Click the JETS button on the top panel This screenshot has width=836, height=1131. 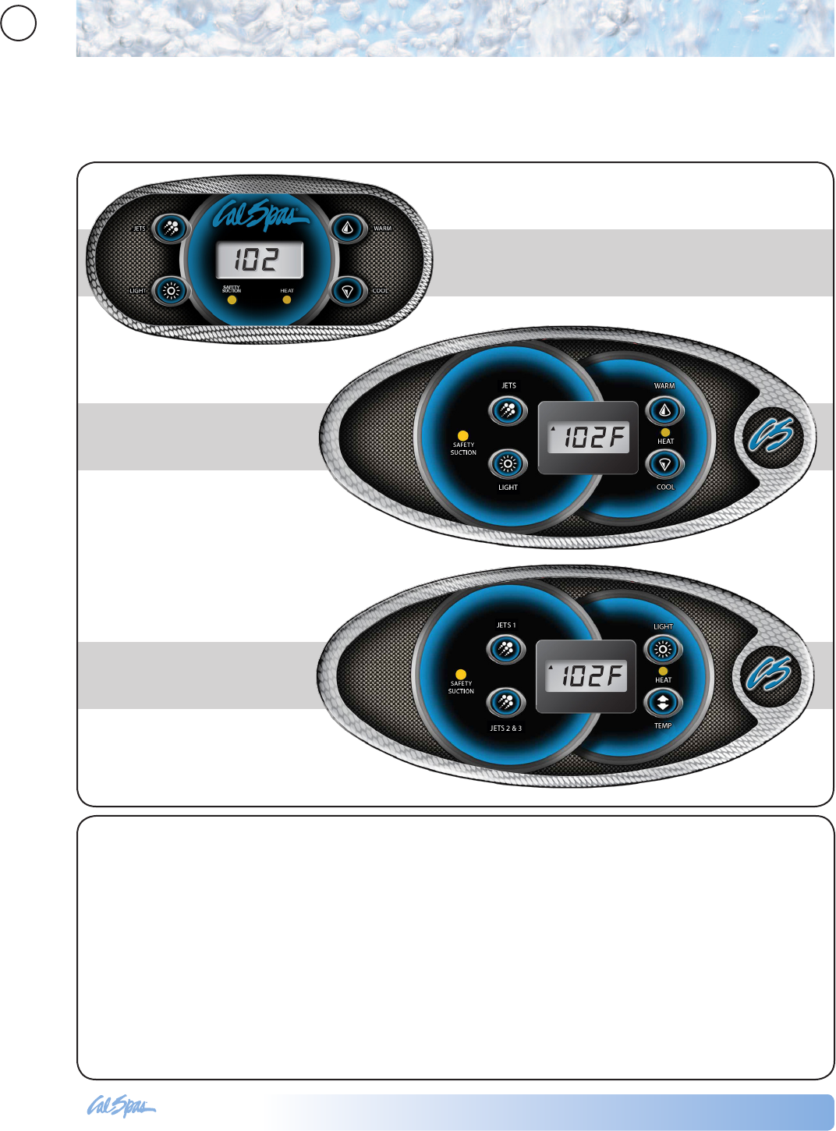pyautogui.click(x=171, y=229)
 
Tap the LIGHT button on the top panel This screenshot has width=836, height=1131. pyautogui.click(x=171, y=291)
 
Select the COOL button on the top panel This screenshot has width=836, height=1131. pyautogui.click(x=348, y=291)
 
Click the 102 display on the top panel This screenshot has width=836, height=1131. pyautogui.click(x=259, y=260)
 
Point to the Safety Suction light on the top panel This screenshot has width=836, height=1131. pyautogui.click(x=232, y=300)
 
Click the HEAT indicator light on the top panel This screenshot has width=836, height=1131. pyautogui.click(x=287, y=300)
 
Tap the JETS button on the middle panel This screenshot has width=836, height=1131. pyautogui.click(x=508, y=410)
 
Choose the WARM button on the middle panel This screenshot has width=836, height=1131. pyautogui.click(x=664, y=410)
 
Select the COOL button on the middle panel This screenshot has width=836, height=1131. pyautogui.click(x=664, y=464)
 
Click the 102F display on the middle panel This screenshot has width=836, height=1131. pyautogui.click(x=589, y=438)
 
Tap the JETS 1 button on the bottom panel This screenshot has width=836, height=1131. pyautogui.click(x=505, y=649)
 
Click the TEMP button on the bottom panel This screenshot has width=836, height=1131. pyautogui.click(x=662, y=703)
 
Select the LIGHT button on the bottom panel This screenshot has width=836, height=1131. pyautogui.click(x=662, y=649)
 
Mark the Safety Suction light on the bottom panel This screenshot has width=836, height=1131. pyautogui.click(x=461, y=674)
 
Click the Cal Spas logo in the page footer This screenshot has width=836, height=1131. pyautogui.click(x=121, y=1106)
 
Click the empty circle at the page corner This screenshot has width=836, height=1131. pyautogui.click(x=18, y=23)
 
